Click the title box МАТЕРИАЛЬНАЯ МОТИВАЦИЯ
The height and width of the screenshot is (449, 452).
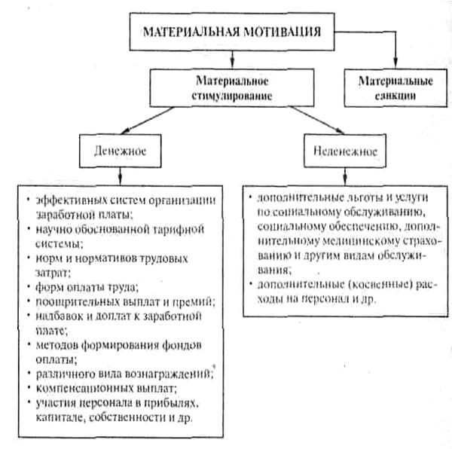click(226, 32)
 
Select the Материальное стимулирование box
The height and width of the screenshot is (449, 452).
click(226, 87)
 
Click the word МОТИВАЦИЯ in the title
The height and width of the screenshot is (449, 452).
click(279, 32)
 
